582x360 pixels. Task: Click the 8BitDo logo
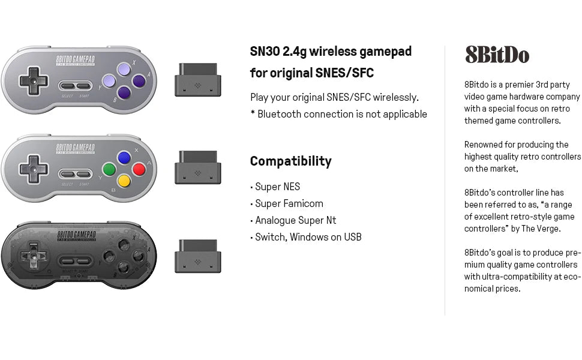pyautogui.click(x=497, y=55)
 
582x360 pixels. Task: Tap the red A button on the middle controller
pyautogui.click(x=139, y=169)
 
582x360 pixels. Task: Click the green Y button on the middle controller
pyautogui.click(x=109, y=169)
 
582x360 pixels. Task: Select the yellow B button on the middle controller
pyautogui.click(x=124, y=180)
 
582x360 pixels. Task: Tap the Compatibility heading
pyautogui.click(x=290, y=161)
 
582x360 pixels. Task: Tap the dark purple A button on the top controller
pyautogui.click(x=139, y=80)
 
